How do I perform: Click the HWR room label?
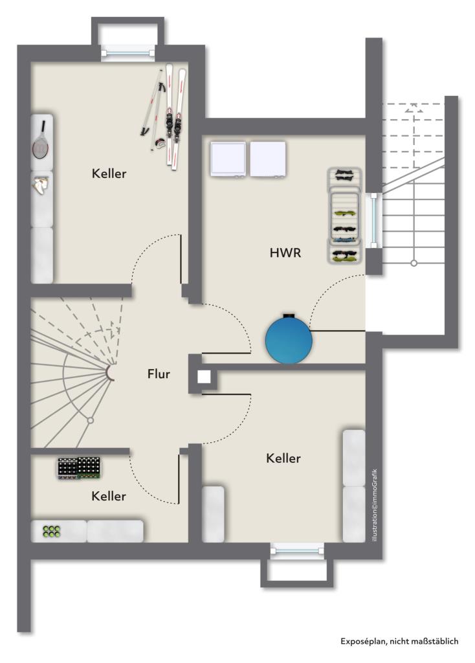[285, 253]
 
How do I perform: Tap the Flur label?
[159, 374]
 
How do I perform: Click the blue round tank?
[289, 339]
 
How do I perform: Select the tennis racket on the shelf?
[41, 140]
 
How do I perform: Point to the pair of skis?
[175, 117]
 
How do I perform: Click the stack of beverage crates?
[80, 468]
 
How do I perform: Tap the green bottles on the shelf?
[52, 532]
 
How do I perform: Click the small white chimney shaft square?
[204, 377]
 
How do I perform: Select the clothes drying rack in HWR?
[345, 216]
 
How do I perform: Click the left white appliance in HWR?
[228, 159]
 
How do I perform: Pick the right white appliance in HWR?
[268, 159]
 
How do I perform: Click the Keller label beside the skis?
[109, 174]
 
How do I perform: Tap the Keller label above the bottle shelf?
[109, 496]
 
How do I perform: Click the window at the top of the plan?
[128, 53]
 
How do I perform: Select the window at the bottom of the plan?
[298, 550]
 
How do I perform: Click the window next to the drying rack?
[373, 220]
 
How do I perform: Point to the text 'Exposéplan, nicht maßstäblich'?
[399, 642]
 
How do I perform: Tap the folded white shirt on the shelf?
[41, 185]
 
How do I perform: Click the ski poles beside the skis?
[153, 108]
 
